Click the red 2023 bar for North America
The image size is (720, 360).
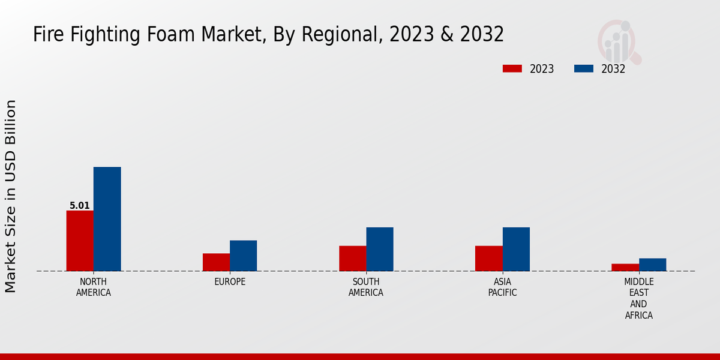click(x=80, y=241)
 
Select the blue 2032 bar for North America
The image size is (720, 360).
click(x=107, y=219)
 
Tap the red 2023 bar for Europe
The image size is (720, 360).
click(x=216, y=262)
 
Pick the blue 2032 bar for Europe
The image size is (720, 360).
click(x=243, y=256)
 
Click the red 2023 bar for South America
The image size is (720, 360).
click(x=352, y=258)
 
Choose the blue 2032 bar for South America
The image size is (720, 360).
click(x=380, y=249)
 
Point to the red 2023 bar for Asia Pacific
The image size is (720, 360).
click(x=488, y=258)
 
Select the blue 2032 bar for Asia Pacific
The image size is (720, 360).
click(x=516, y=249)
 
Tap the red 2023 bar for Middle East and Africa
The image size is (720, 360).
click(x=625, y=267)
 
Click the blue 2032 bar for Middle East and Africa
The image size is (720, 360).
click(x=652, y=265)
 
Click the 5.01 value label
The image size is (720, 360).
click(x=80, y=206)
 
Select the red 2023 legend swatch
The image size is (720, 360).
click(x=512, y=68)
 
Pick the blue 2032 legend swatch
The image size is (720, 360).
click(x=584, y=68)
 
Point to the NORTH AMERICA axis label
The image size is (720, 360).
click(x=94, y=287)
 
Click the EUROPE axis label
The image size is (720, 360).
click(x=230, y=282)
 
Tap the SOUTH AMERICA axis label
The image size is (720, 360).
click(x=366, y=287)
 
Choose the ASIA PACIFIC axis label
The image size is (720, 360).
click(x=502, y=287)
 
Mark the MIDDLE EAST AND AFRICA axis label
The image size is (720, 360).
click(x=639, y=299)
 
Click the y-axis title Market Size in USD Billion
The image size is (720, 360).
click(x=11, y=196)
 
